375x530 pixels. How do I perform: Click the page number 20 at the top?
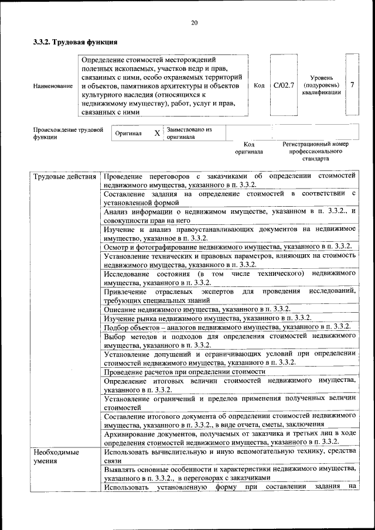[194, 23]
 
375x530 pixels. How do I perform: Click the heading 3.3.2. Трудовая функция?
[76, 42]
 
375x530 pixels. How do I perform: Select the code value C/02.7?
[284, 86]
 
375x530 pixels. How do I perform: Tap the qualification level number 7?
[352, 85]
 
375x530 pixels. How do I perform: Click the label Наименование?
[53, 86]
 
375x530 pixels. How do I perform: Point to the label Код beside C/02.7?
[259, 86]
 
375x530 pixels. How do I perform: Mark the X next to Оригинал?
[156, 134]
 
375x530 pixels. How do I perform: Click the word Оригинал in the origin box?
[128, 134]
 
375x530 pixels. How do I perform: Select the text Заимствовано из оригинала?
[189, 133]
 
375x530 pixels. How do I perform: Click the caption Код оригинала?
[249, 148]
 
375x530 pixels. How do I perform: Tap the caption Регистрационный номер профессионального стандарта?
[315, 151]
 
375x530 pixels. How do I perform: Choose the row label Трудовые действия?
[64, 176]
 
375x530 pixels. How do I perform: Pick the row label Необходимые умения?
[56, 456]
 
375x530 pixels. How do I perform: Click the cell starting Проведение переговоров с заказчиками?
[230, 180]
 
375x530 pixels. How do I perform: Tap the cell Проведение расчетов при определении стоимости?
[185, 371]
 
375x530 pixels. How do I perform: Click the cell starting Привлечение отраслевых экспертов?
[230, 295]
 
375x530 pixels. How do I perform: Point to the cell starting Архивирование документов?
[230, 437]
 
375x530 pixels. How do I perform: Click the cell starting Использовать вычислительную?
[230, 456]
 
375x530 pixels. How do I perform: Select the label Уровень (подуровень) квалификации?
[322, 85]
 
